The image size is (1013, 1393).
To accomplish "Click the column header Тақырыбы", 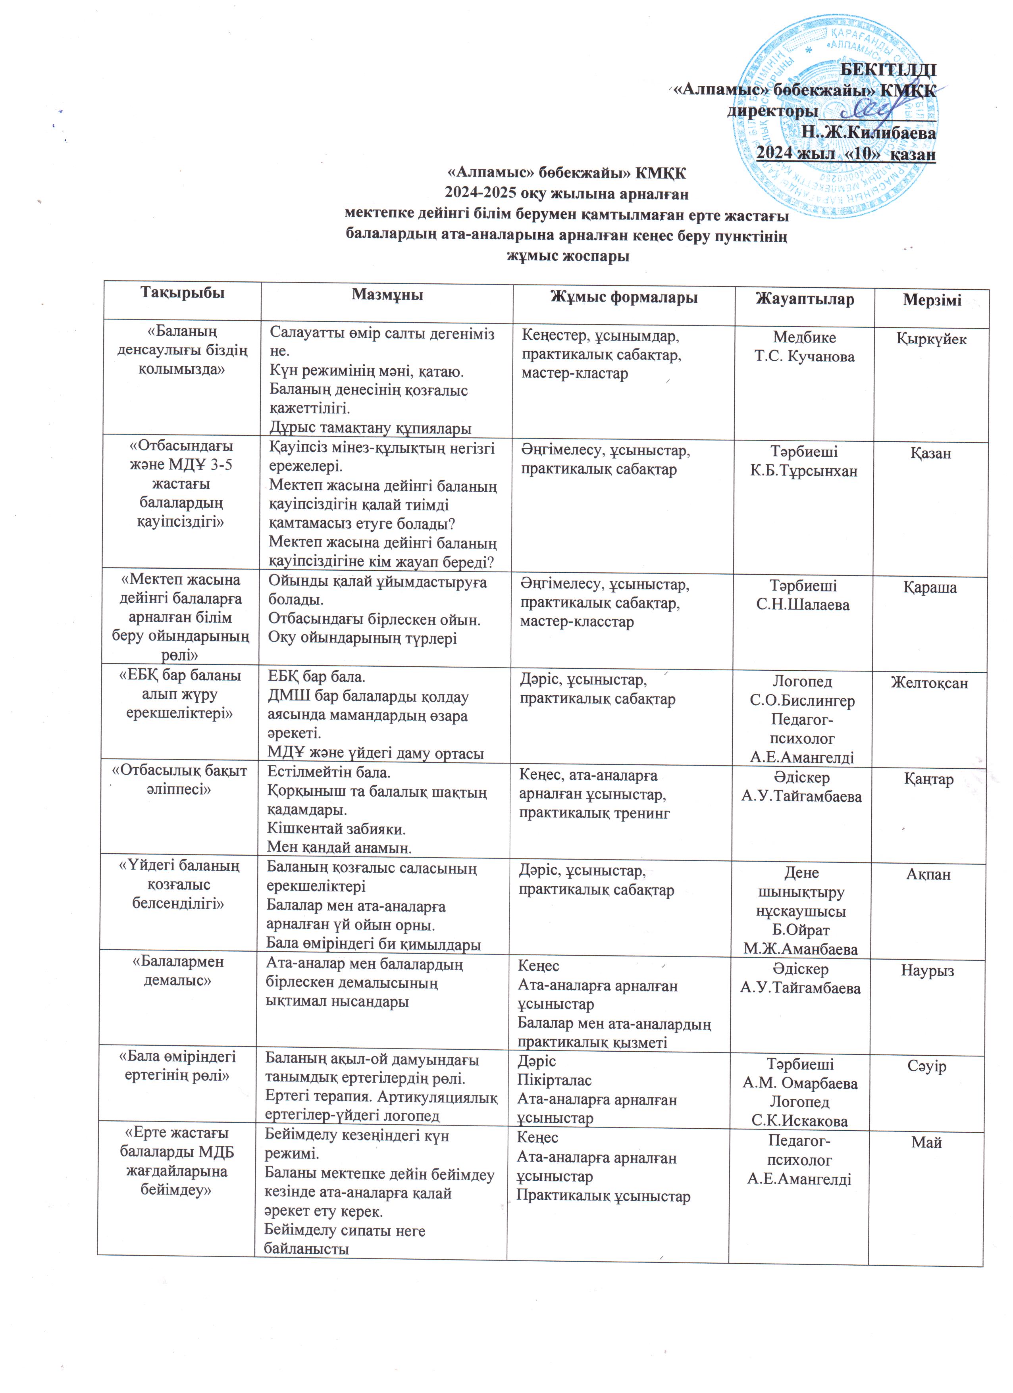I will (x=183, y=292).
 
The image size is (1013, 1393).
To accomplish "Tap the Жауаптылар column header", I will (x=804, y=300).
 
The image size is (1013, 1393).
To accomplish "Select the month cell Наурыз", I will (x=927, y=970).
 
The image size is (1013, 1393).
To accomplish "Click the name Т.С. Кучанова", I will (x=804, y=357).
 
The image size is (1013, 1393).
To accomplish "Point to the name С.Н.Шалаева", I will (x=802, y=605).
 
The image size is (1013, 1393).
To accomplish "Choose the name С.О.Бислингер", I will (x=802, y=701).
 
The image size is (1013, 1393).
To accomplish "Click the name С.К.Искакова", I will (x=799, y=1121).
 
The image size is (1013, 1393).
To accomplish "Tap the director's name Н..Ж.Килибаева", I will (x=868, y=133).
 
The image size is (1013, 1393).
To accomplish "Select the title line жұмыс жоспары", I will (x=568, y=256).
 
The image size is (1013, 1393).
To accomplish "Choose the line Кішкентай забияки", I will (x=336, y=829).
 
